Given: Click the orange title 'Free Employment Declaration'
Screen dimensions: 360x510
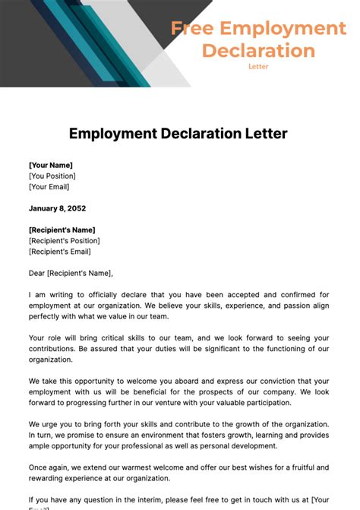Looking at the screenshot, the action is pos(258,40).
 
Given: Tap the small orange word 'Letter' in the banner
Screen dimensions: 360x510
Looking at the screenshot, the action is pos(258,67).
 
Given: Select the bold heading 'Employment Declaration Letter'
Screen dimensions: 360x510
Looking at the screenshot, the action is pos(178,134).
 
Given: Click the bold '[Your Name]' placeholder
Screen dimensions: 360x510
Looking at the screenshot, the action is pos(51,165).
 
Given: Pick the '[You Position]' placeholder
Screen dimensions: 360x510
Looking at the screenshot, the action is pos(52,176).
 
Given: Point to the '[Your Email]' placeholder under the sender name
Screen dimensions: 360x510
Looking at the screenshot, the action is pos(49,187).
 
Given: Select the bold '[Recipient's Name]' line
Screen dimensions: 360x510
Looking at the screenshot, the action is pos(62,230).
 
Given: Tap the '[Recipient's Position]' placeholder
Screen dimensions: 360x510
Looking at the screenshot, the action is pos(65,241).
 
